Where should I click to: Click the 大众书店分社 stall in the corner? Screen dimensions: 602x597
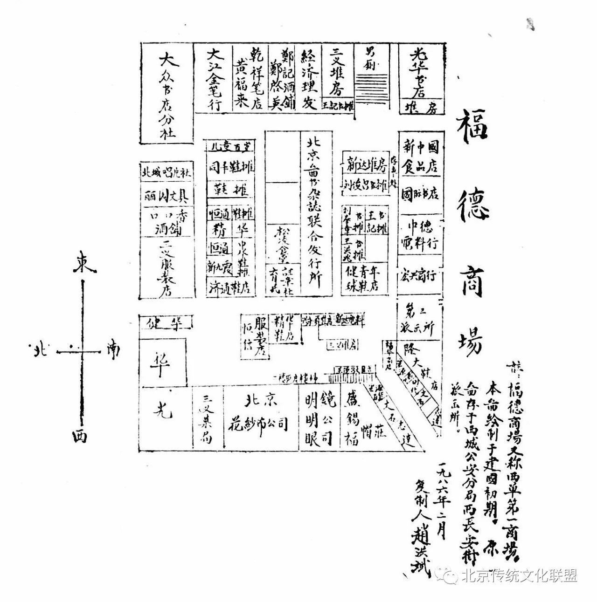click(167, 94)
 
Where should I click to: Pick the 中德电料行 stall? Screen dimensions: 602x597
click(420, 235)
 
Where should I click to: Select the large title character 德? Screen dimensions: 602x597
click(472, 208)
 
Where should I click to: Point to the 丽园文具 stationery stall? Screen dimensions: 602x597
click(166, 196)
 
